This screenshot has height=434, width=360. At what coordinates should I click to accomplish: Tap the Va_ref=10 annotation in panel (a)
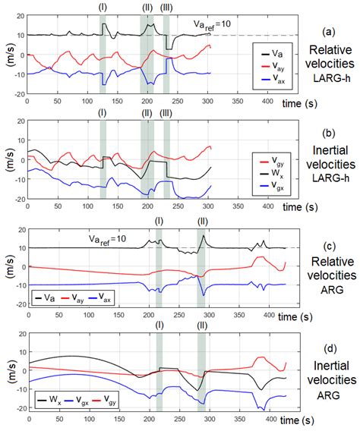tap(214, 24)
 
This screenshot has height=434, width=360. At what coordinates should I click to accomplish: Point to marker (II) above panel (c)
tap(202, 221)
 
